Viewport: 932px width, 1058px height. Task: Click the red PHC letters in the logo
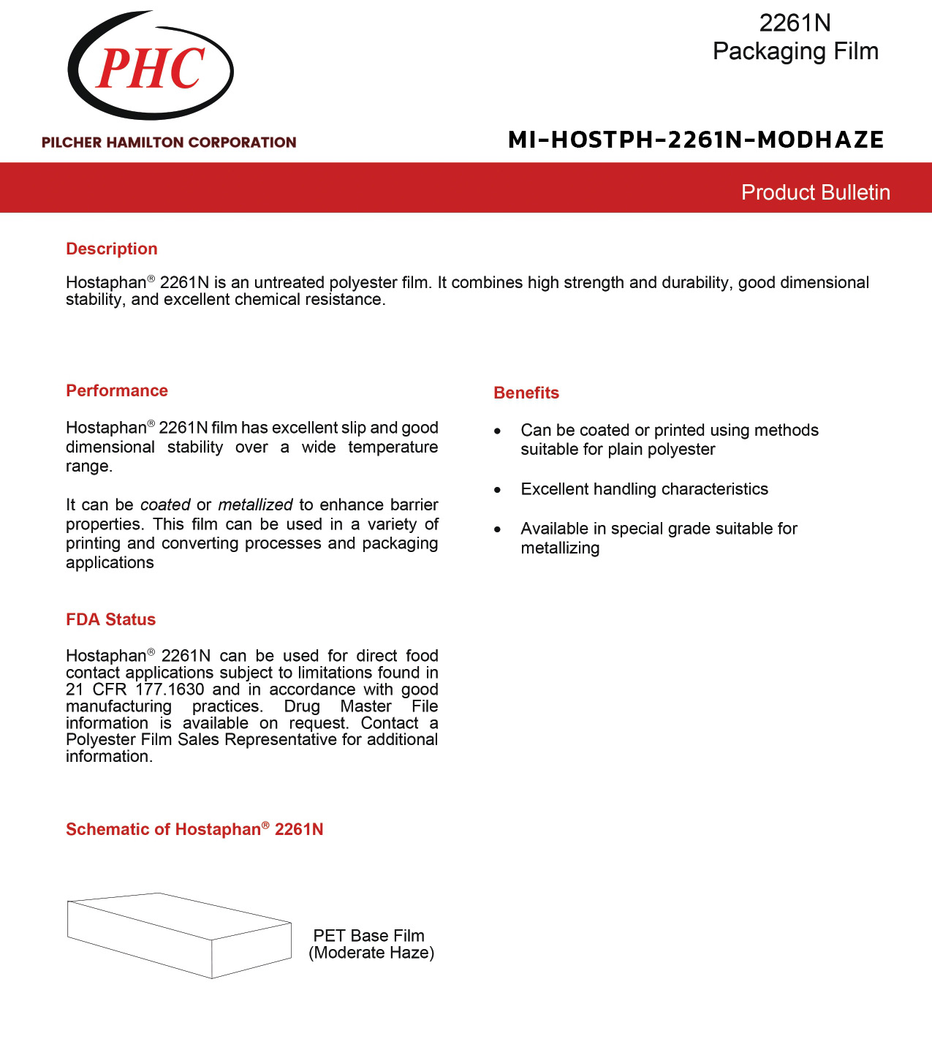[151, 69]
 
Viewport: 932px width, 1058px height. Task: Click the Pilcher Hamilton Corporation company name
[169, 143]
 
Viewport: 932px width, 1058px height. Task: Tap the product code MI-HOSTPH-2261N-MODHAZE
[696, 139]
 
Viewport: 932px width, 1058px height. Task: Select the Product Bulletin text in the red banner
[815, 192]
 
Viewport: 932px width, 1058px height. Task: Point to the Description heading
[112, 249]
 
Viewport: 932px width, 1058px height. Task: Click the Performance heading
[117, 390]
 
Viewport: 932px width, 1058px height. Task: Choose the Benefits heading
[526, 393]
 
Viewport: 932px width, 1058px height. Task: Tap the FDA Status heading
[110, 619]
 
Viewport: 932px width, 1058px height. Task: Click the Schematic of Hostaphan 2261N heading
[194, 829]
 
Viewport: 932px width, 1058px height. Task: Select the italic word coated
[165, 505]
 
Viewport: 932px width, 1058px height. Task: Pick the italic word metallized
[255, 505]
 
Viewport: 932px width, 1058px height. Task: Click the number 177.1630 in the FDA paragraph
[170, 689]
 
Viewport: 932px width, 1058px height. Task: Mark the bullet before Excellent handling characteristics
[498, 490]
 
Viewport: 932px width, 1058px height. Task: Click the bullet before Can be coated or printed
[498, 431]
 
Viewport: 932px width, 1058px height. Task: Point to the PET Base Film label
[368, 935]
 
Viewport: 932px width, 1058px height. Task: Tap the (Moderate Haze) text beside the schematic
[371, 953]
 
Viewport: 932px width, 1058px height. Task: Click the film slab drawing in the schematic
[179, 935]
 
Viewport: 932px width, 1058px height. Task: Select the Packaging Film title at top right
[795, 51]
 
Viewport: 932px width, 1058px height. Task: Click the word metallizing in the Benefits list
[560, 548]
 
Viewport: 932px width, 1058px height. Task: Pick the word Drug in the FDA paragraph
[302, 706]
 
